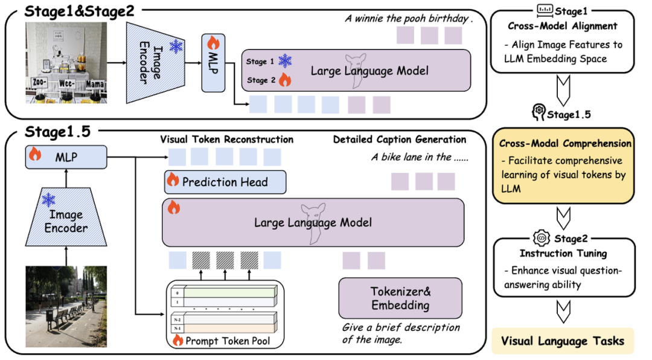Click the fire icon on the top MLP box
click(x=213, y=43)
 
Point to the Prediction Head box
click(x=225, y=182)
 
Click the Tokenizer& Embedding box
click(x=400, y=298)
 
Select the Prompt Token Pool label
click(x=229, y=341)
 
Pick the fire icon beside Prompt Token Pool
click(x=178, y=341)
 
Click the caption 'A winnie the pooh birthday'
click(x=409, y=18)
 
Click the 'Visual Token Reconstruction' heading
click(x=226, y=140)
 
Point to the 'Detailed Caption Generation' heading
click(x=400, y=140)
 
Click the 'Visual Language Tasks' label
click(x=563, y=341)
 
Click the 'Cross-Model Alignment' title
click(x=563, y=26)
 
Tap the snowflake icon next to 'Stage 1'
click(x=285, y=60)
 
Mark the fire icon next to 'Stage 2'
click(x=284, y=80)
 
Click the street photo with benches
click(x=65, y=306)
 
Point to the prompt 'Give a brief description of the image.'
click(x=401, y=333)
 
